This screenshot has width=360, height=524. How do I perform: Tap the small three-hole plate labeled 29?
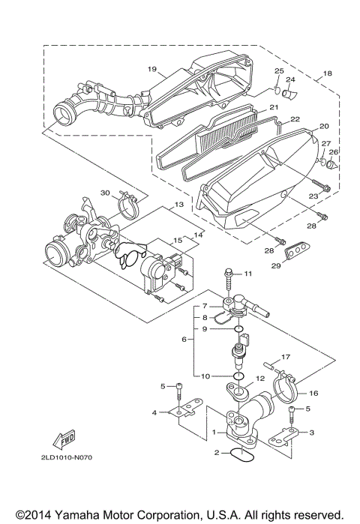pyautogui.click(x=299, y=248)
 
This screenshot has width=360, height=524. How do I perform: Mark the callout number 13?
pyautogui.click(x=179, y=205)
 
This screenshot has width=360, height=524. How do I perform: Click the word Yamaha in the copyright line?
pyautogui.click(x=88, y=514)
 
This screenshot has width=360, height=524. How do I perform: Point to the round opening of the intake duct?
pyautogui.click(x=64, y=118)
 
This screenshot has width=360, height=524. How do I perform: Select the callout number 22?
pyautogui.click(x=295, y=118)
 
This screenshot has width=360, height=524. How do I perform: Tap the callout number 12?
pyautogui.click(x=259, y=379)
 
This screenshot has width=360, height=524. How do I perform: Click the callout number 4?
pyautogui.click(x=154, y=412)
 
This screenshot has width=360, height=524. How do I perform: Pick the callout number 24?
pyautogui.click(x=291, y=79)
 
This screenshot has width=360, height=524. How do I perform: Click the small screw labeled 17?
pyautogui.click(x=272, y=370)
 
